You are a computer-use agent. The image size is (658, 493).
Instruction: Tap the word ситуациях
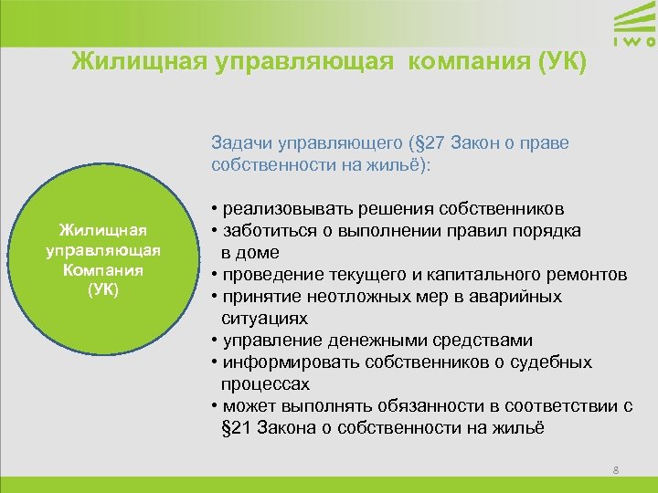[x=264, y=319]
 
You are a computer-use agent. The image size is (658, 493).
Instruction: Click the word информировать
[x=282, y=362]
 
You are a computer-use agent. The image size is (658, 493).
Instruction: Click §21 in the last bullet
[x=239, y=428]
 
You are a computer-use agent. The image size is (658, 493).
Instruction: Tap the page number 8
[x=616, y=470]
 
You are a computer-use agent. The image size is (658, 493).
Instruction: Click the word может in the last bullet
[x=242, y=406]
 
